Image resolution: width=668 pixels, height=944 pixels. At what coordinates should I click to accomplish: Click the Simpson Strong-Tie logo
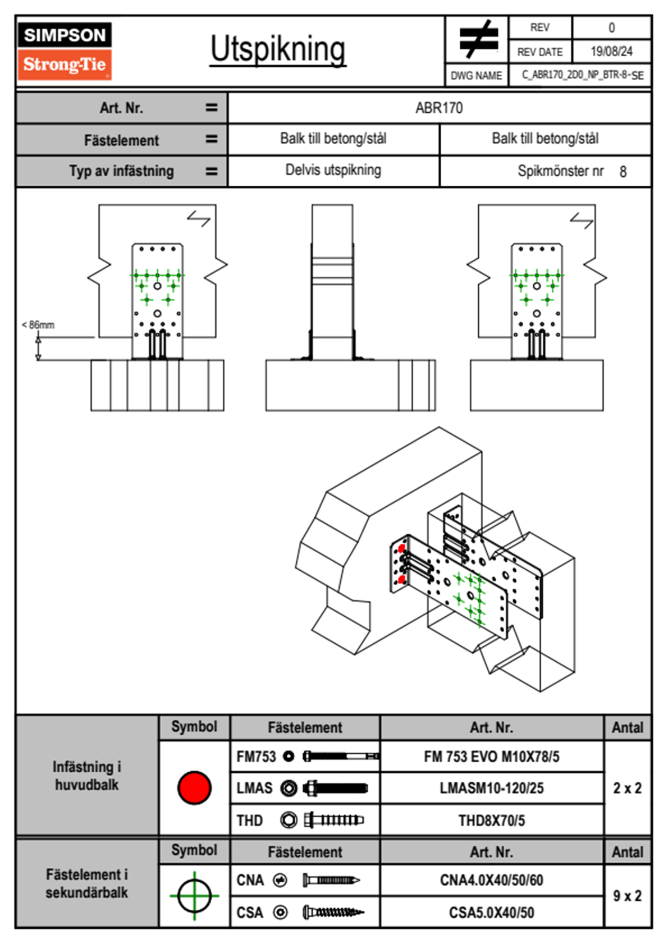(65, 51)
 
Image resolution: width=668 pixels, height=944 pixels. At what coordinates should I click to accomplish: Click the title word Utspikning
(278, 49)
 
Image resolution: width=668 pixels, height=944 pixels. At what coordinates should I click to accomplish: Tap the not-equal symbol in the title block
(477, 39)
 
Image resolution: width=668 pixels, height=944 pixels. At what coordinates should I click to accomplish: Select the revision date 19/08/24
(611, 52)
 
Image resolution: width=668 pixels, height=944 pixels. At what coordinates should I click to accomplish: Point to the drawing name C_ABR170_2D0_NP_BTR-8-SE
(582, 75)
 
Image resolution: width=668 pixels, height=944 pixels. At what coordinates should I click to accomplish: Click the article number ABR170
(439, 108)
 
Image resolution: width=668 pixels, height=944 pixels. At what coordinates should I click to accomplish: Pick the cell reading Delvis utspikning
(333, 170)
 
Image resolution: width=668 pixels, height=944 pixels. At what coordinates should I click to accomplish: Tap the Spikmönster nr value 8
(623, 172)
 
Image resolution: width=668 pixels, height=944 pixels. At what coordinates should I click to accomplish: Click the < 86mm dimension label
(38, 325)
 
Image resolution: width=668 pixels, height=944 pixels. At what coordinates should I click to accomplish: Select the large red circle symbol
(194, 787)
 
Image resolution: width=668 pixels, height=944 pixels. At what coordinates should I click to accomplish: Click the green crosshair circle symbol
(194, 896)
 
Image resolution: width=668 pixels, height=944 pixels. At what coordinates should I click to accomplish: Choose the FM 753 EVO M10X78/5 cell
(491, 757)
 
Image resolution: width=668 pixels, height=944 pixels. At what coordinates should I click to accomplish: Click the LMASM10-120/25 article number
(491, 789)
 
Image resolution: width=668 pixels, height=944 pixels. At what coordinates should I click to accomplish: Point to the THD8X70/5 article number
(491, 821)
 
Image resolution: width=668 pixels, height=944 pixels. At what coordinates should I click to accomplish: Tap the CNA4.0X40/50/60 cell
(491, 880)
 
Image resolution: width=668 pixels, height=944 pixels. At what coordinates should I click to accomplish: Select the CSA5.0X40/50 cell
(491, 913)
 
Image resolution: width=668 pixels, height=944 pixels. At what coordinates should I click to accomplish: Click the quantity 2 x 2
(627, 789)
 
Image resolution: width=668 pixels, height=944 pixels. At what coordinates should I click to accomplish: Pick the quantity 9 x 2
(627, 896)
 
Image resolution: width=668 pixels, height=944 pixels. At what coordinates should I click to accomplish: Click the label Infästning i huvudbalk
(87, 776)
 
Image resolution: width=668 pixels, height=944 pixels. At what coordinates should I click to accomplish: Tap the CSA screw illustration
(332, 913)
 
